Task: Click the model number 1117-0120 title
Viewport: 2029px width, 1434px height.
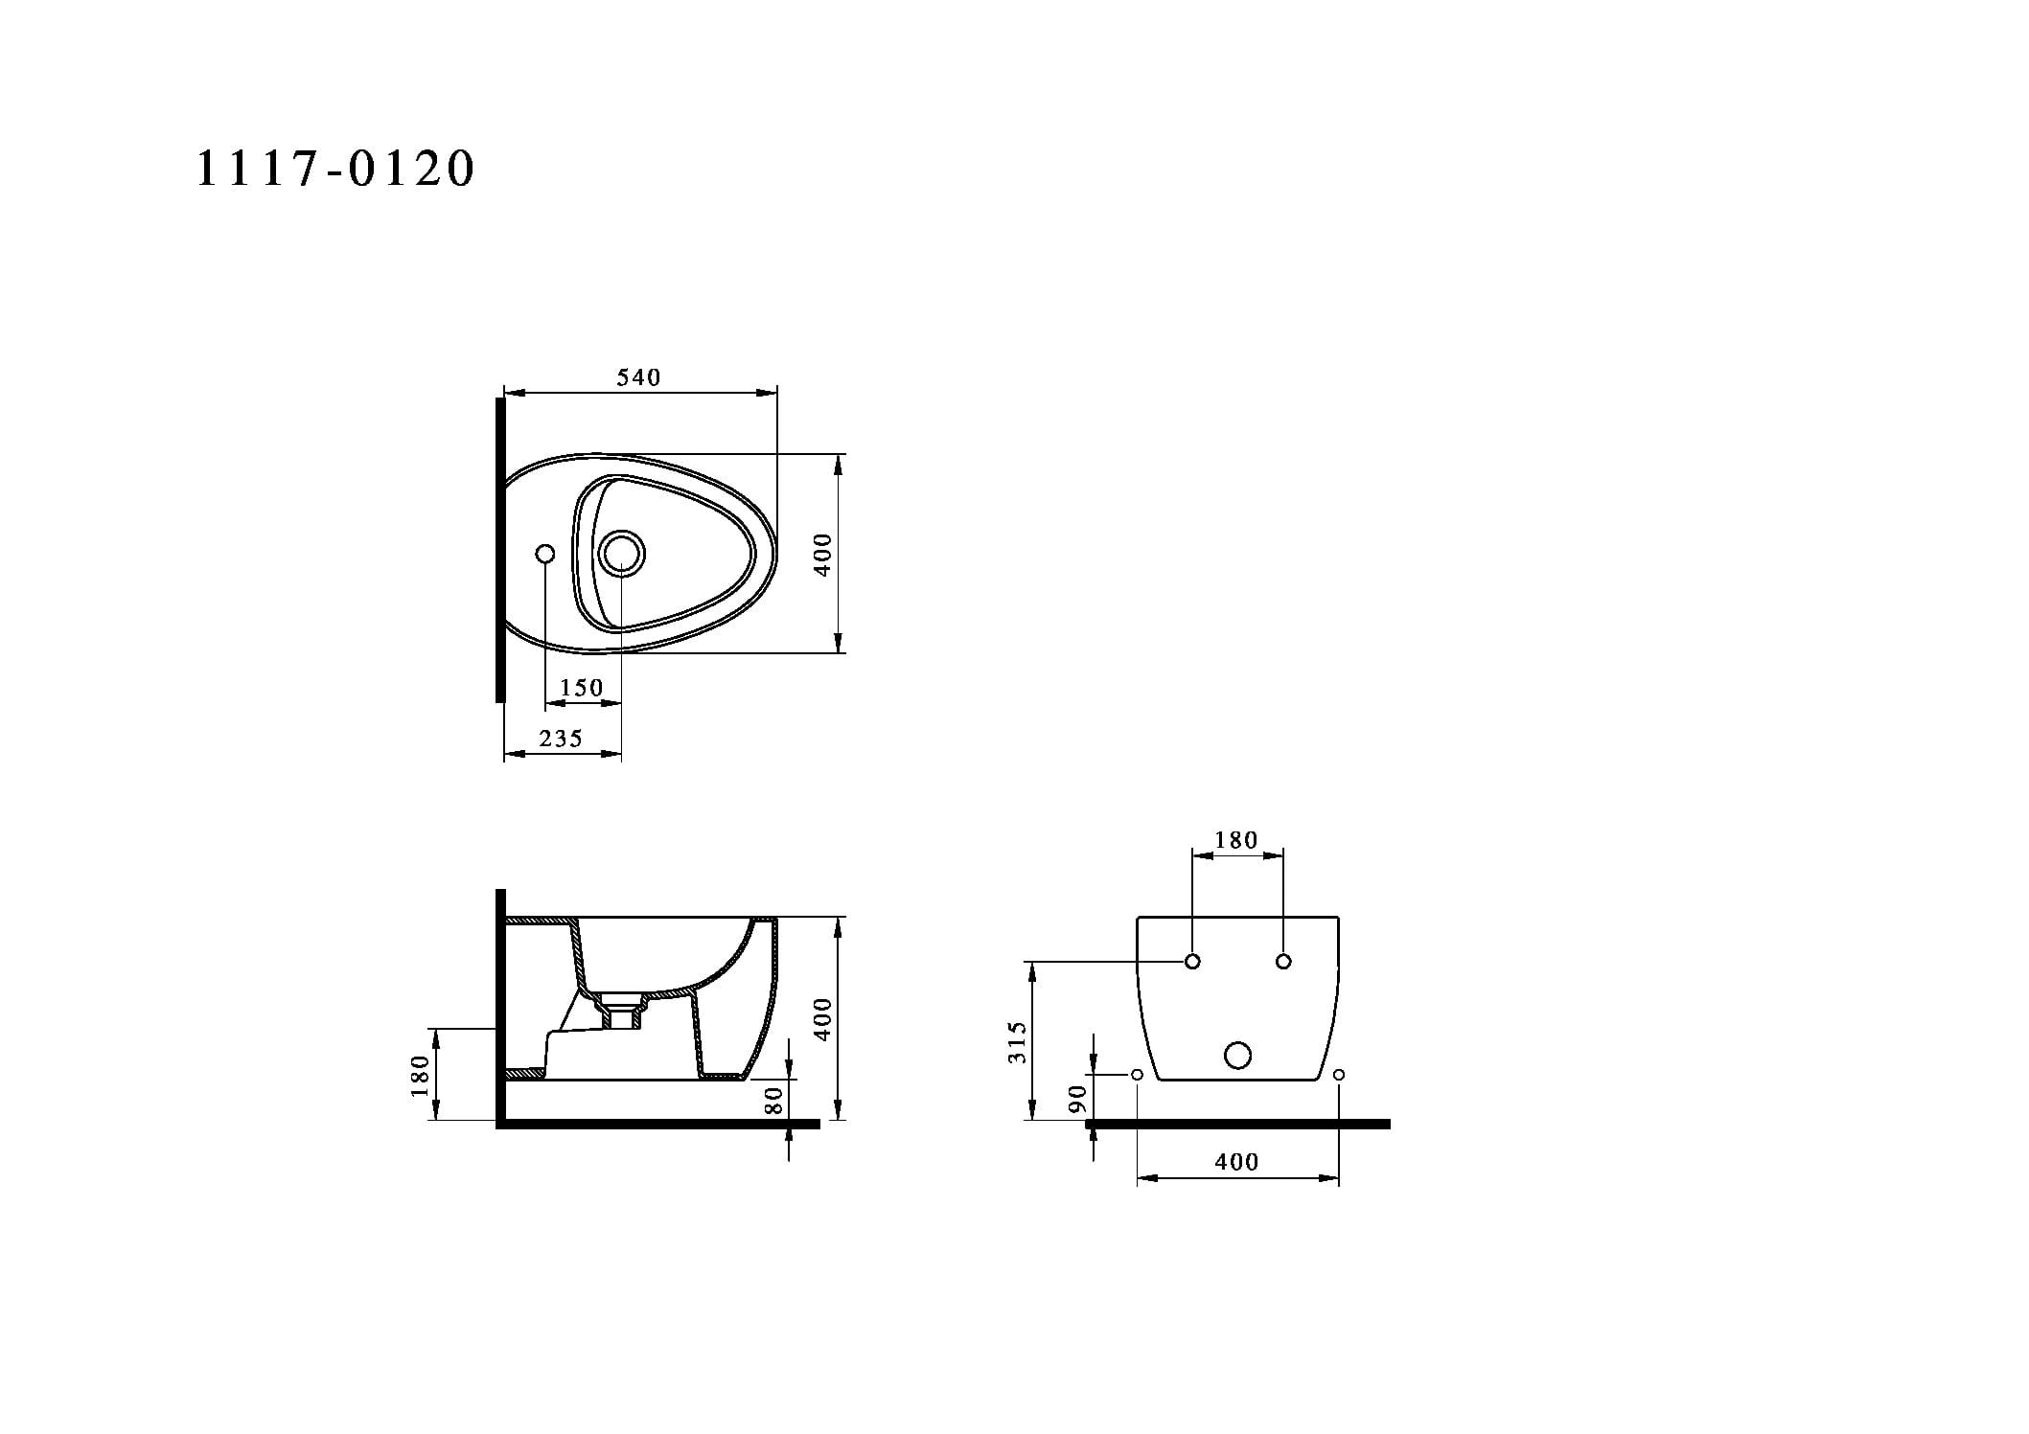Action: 335,169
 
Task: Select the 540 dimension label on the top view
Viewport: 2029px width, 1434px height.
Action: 638,377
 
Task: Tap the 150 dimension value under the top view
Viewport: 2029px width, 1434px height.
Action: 582,688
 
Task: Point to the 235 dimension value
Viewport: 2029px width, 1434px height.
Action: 561,739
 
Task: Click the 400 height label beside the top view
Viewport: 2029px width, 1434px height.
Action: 822,554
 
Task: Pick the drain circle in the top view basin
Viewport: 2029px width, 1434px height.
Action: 622,554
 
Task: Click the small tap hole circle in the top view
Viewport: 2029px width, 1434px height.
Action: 545,554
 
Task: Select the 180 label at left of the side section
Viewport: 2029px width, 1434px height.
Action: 420,1075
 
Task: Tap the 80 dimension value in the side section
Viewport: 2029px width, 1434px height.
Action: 774,1100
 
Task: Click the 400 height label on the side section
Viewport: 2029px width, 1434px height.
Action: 822,1020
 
